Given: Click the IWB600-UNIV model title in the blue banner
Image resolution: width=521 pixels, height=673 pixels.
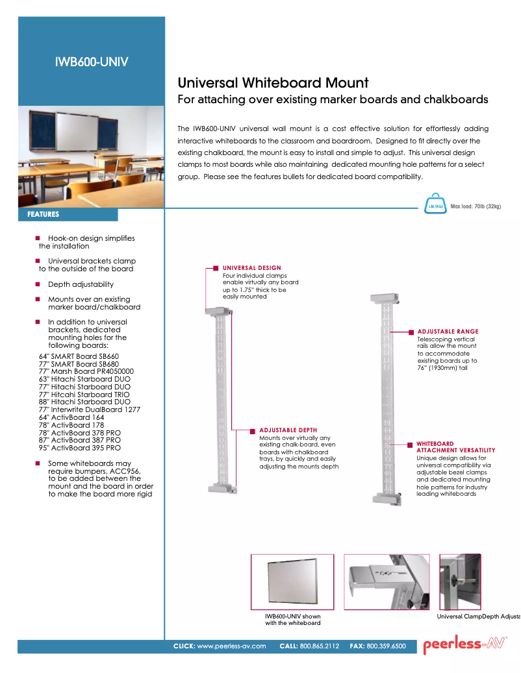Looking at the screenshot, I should tap(92, 62).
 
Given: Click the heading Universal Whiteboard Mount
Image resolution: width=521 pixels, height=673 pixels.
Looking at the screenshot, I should tap(273, 83).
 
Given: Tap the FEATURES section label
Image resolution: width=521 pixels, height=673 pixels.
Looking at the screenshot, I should tap(44, 214).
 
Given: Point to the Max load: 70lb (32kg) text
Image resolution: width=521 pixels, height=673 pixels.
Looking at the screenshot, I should tap(476, 206).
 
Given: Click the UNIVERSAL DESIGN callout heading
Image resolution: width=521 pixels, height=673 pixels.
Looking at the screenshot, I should tap(252, 267).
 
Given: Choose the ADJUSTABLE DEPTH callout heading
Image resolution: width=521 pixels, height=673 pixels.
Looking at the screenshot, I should tap(288, 430).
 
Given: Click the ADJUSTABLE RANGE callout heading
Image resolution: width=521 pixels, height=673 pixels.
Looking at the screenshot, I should tap(448, 332).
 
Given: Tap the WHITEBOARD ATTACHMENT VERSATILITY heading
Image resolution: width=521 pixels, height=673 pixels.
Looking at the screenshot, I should tap(455, 447).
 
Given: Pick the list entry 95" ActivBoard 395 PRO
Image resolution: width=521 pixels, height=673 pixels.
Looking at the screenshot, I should tap(79, 448).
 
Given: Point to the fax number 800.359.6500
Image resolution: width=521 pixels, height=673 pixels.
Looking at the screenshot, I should tap(386, 646).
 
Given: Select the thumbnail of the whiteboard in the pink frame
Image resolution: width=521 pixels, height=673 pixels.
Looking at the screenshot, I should tap(292, 582).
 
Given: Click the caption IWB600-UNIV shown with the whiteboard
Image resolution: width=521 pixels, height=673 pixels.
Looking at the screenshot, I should tap(292, 620).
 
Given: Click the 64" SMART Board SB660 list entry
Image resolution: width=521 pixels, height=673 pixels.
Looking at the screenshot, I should tap(79, 356).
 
